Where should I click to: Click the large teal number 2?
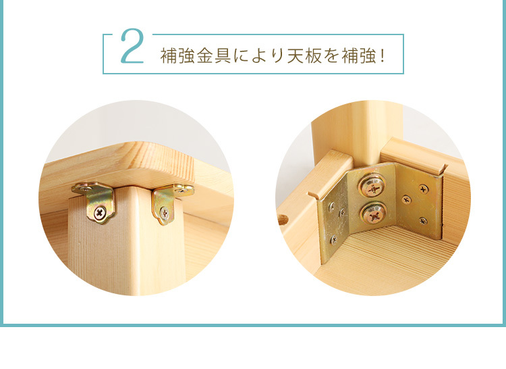tap(132, 46)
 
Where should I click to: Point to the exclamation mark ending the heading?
tap(383, 56)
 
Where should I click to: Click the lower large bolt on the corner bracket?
tap(372, 216)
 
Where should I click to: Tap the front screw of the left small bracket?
tap(100, 213)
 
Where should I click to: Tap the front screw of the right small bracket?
tap(165, 213)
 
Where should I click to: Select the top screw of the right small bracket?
tap(183, 190)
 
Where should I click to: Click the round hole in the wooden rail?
tap(283, 219)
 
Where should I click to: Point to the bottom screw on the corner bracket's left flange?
tap(334, 239)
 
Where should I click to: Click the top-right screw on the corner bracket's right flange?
tap(424, 189)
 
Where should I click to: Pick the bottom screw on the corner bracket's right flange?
tap(423, 221)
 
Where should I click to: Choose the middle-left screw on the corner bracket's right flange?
tap(406, 200)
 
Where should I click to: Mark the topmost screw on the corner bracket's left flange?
tap(332, 207)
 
